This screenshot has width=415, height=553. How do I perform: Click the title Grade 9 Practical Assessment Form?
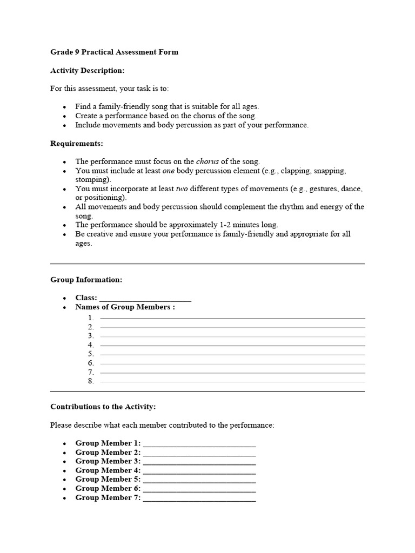point(114,52)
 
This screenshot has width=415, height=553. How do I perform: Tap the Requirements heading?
point(76,143)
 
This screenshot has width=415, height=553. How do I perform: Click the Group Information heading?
point(86,280)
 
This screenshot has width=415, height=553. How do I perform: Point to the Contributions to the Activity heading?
point(103,407)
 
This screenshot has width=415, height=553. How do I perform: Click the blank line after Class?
point(145,299)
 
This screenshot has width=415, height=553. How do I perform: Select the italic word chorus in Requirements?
point(207,161)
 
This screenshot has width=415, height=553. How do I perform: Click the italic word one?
point(169,171)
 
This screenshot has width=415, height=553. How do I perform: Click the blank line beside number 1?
point(232,318)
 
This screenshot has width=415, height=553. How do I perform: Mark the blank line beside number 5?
point(232,354)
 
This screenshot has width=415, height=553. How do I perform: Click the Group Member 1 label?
point(108,443)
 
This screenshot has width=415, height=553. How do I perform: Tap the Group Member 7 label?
point(108,498)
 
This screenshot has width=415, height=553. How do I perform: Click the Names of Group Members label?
point(125,307)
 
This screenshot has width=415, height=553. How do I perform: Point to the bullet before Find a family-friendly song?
point(65,107)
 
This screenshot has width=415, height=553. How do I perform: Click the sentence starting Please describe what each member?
point(162,425)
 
